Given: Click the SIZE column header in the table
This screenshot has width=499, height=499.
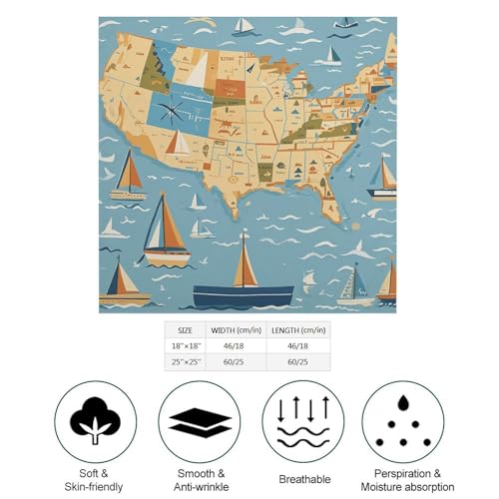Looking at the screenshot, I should [186, 330].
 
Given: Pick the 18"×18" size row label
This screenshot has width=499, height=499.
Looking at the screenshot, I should [186, 346].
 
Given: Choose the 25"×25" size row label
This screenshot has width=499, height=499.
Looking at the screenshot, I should [186, 362].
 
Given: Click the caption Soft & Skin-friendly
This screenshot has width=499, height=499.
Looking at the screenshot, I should [96, 480].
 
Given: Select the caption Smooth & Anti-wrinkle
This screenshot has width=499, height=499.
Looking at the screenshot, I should [199, 480].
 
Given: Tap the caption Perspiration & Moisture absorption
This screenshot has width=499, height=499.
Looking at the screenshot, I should [402, 480].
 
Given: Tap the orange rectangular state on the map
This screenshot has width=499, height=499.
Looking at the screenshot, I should [229, 89].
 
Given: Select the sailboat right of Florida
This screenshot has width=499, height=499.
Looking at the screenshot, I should [382, 180].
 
